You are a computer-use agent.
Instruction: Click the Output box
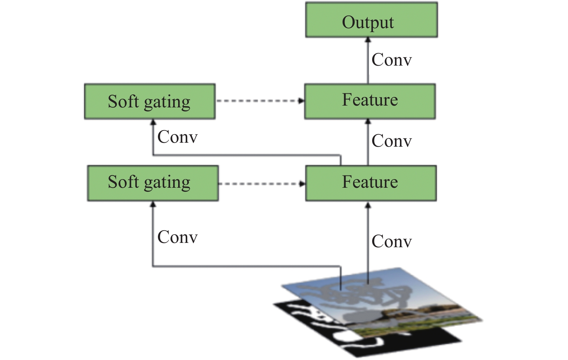click(371, 20)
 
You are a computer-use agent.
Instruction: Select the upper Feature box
click(370, 101)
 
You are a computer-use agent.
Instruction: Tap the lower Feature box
click(371, 183)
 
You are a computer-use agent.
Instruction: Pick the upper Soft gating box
click(150, 101)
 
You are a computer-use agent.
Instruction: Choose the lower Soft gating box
click(153, 183)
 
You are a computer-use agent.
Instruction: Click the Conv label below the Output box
click(392, 60)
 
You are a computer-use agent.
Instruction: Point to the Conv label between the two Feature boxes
click(392, 141)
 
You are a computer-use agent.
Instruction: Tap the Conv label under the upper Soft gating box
click(177, 137)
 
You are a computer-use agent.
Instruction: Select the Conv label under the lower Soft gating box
click(177, 237)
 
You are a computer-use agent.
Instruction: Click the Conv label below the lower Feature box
click(392, 241)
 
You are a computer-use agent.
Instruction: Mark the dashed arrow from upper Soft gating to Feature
click(260, 101)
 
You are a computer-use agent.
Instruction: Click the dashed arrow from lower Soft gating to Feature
click(262, 184)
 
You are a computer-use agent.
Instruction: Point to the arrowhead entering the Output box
click(368, 40)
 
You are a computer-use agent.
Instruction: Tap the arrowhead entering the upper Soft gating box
click(153, 122)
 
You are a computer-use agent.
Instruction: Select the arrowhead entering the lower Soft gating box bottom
click(153, 204)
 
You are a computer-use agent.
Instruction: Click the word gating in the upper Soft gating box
click(167, 103)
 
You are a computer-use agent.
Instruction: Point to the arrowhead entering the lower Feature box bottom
click(368, 205)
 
